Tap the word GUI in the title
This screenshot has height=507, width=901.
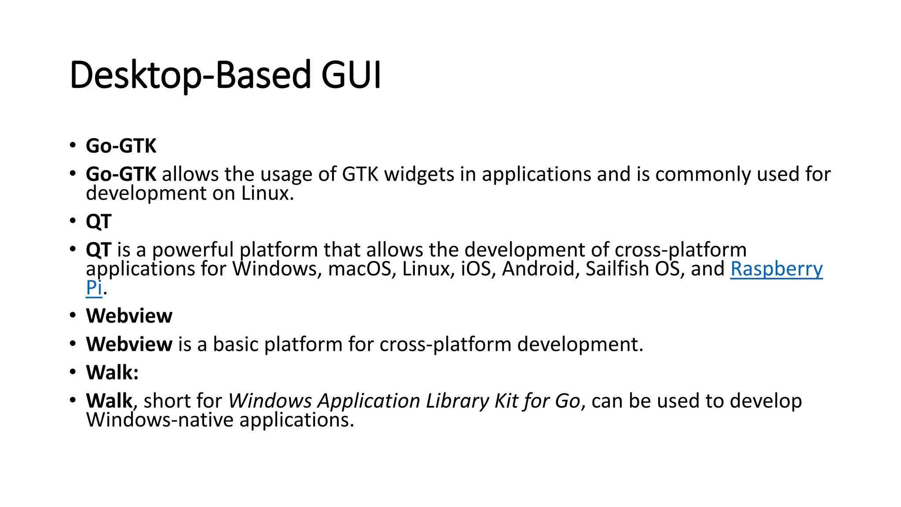click(x=351, y=75)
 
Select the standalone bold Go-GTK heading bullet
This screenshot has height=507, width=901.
click(x=121, y=146)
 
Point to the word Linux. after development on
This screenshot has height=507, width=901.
click(x=267, y=194)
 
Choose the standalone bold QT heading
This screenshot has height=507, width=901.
click(x=99, y=221)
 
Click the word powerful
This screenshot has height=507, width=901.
click(x=193, y=250)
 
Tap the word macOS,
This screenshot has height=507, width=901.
click(x=359, y=269)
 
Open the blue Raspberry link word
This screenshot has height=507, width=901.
click(x=776, y=269)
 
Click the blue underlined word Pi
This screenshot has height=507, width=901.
click(x=94, y=288)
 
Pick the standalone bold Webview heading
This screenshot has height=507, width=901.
click(x=129, y=316)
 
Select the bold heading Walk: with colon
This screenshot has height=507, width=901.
click(x=112, y=373)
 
